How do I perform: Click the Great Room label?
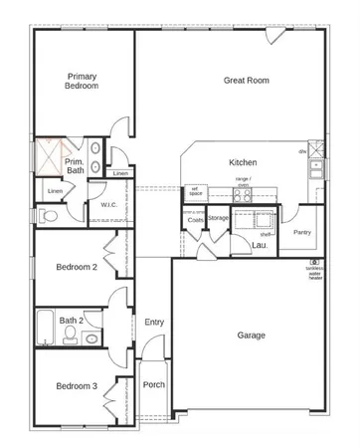pyautogui.click(x=248, y=80)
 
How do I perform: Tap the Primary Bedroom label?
pyautogui.click(x=82, y=81)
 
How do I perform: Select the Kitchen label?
pyautogui.click(x=244, y=161)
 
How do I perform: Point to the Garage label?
pyautogui.click(x=251, y=336)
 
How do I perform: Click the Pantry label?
pyautogui.click(x=302, y=232)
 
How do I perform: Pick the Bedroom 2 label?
pyautogui.click(x=76, y=267)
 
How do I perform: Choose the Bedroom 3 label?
pyautogui.click(x=76, y=386)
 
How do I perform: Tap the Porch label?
pyautogui.click(x=153, y=385)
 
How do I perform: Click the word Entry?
pyautogui.click(x=154, y=322)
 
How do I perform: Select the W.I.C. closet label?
pyautogui.click(x=109, y=205)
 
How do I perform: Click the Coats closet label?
pyautogui.click(x=195, y=220)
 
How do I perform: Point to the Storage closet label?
pyautogui.click(x=219, y=217)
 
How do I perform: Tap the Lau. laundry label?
pyautogui.click(x=259, y=244)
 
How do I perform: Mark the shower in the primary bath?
pyautogui.click(x=49, y=156)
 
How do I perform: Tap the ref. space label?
pyautogui.click(x=196, y=192)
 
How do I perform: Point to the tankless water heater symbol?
pyautogui.click(x=314, y=262)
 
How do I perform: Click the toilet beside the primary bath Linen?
pyautogui.click(x=46, y=214)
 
